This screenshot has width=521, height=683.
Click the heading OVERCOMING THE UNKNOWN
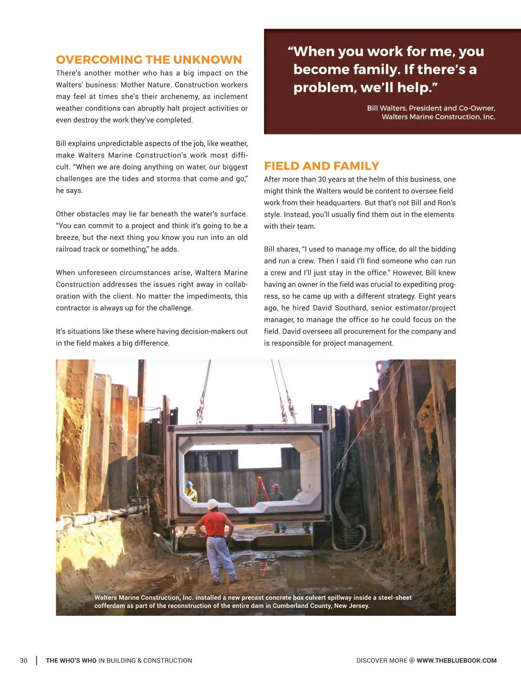[x=149, y=59]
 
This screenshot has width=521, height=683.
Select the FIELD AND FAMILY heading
[x=321, y=166]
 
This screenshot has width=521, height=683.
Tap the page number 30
[x=23, y=660]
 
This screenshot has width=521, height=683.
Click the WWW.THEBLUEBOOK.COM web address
[x=456, y=660]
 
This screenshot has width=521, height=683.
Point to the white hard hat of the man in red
[x=212, y=504]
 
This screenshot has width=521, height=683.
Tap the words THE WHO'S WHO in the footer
[x=71, y=660]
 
